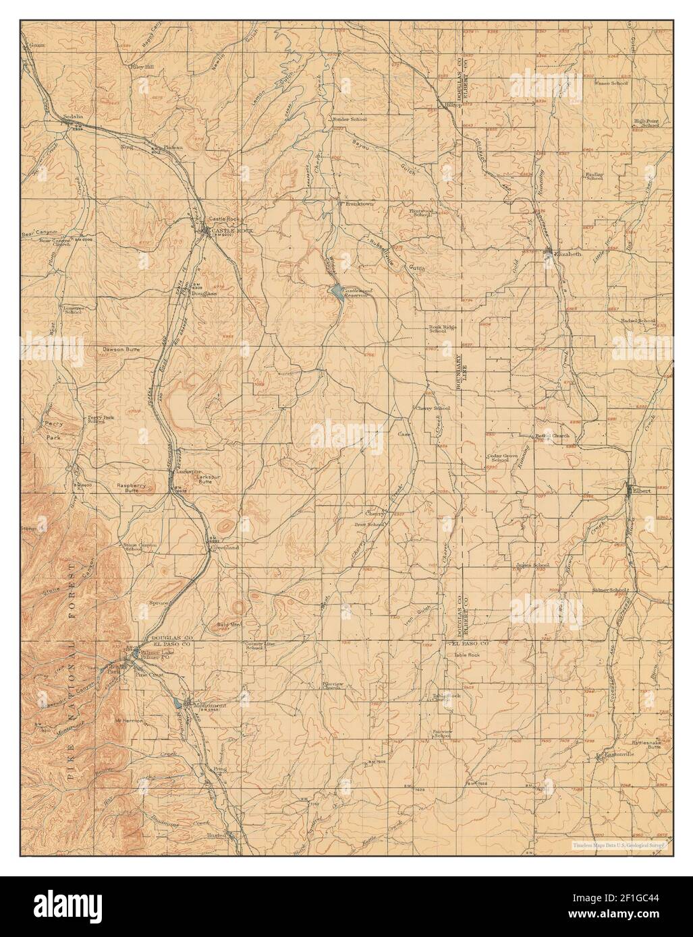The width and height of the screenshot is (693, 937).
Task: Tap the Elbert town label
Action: (x=641, y=491)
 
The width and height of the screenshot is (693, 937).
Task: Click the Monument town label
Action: (x=209, y=705)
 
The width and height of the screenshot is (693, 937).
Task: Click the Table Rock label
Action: (x=466, y=655)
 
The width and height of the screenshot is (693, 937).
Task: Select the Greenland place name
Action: (x=226, y=548)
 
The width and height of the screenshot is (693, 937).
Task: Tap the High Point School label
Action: (x=646, y=123)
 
